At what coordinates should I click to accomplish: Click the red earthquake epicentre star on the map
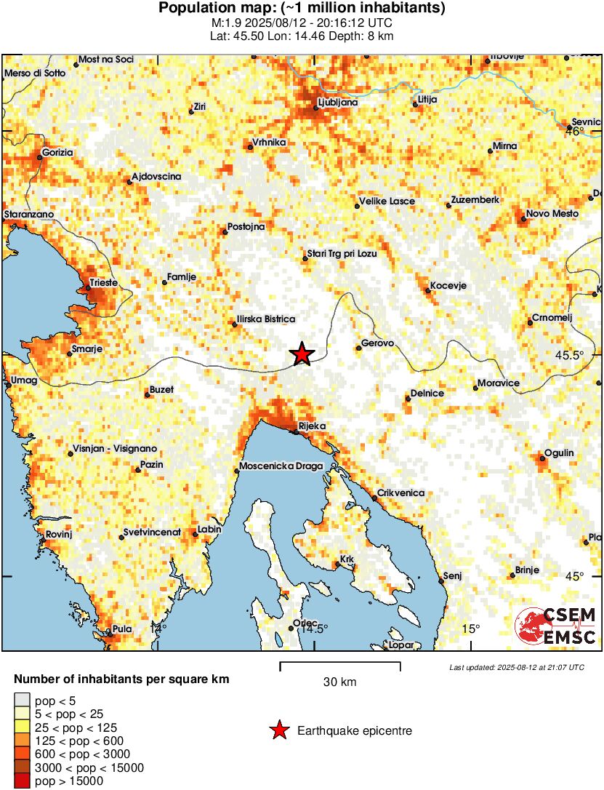[x=302, y=354]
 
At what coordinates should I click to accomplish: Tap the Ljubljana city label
[x=338, y=103]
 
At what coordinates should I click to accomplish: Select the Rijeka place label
[x=313, y=426]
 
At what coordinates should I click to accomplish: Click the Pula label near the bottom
[x=121, y=630]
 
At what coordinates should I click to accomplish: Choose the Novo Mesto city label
[x=552, y=213]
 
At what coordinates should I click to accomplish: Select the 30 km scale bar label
[x=339, y=682]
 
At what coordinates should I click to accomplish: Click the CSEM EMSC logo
[x=555, y=626]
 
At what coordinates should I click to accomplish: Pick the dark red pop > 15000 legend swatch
[x=22, y=781]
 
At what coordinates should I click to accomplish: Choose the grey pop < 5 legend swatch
[x=22, y=701]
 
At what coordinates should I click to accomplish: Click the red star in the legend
[x=278, y=730]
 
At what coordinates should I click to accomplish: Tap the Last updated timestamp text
[x=516, y=667]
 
